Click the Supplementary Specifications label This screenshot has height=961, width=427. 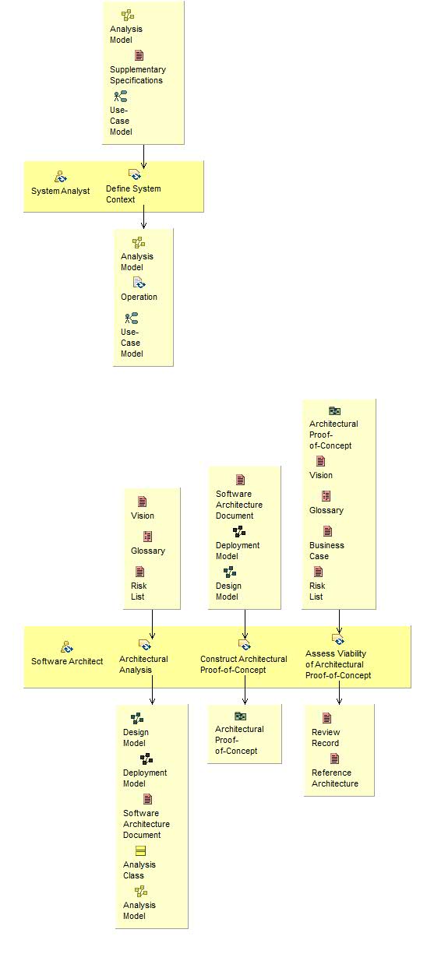(x=137, y=75)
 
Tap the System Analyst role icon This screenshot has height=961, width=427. (x=61, y=177)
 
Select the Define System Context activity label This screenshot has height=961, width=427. (x=133, y=194)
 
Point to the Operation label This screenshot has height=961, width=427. (x=139, y=297)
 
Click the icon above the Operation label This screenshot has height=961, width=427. (x=139, y=283)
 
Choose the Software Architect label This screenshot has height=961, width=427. (x=67, y=661)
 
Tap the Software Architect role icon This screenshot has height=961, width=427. (x=67, y=646)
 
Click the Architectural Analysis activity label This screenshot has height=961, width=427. (x=143, y=664)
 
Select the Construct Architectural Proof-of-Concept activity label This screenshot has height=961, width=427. (x=243, y=664)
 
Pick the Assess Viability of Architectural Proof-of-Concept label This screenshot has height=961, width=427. (x=338, y=664)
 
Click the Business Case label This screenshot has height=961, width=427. (x=326, y=551)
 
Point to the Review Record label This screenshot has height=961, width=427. (x=325, y=737)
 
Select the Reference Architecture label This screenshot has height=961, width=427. (x=335, y=778)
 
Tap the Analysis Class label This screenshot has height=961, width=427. (x=139, y=870)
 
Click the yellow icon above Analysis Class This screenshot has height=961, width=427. (x=141, y=851)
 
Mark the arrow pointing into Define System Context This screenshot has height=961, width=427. (x=144, y=156)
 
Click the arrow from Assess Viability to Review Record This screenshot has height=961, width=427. (x=339, y=695)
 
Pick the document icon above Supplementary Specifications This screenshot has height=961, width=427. (x=139, y=56)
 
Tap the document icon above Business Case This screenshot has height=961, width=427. (x=327, y=531)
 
